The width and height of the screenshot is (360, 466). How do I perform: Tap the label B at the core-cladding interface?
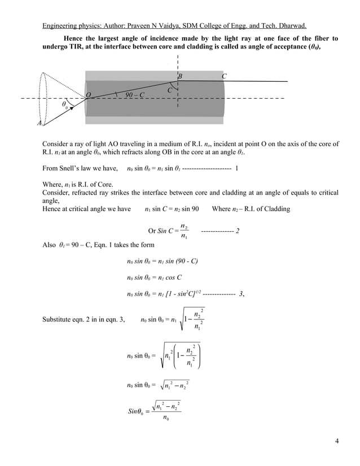(x=180, y=76)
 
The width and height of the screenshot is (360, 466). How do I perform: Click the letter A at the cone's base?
(x=39, y=123)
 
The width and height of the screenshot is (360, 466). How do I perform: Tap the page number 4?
(x=336, y=441)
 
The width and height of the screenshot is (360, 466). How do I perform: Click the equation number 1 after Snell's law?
(x=236, y=168)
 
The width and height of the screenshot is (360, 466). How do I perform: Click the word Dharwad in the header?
(x=289, y=25)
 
